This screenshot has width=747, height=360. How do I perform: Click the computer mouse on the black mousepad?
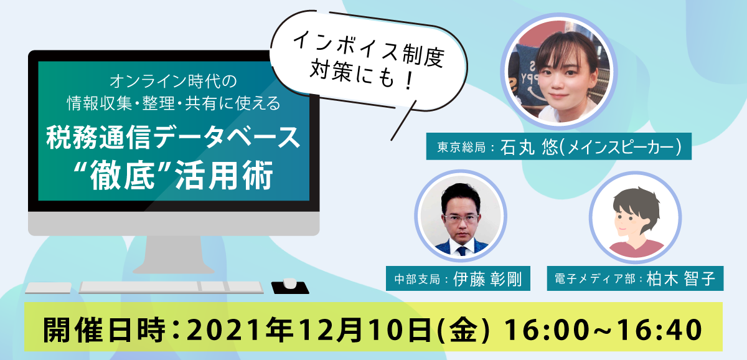290,283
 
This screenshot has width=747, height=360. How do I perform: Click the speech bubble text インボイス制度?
369,50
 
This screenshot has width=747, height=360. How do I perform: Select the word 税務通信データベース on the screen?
173,138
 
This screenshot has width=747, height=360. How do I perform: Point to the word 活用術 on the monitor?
224,176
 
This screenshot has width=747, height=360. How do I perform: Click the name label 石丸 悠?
529,147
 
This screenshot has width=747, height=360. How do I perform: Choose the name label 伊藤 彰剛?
487,279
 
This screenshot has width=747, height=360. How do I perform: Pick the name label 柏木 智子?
681,278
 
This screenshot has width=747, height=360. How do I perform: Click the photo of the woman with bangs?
559,71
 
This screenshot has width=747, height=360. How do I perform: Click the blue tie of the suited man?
462,251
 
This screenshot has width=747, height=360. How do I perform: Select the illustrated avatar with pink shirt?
636,217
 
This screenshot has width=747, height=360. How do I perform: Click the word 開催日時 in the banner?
104,329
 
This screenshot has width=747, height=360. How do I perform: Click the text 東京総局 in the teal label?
461,147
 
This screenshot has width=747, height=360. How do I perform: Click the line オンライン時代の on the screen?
173,81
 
